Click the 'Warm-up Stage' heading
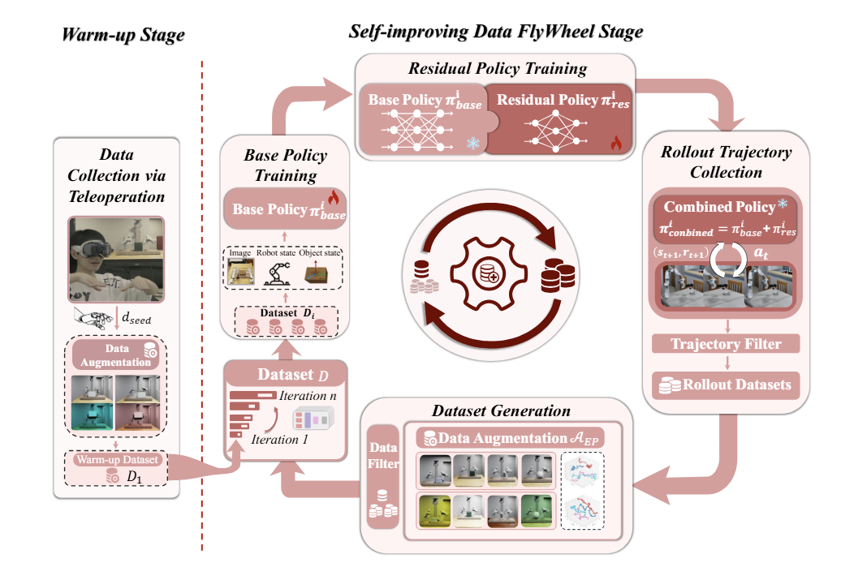pyautogui.click(x=123, y=35)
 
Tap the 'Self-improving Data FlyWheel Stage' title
pyautogui.click(x=496, y=32)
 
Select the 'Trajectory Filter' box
pyautogui.click(x=726, y=344)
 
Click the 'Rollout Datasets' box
pyautogui.click(x=726, y=385)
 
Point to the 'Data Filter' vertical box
pyautogui.click(x=383, y=476)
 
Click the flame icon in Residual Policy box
pyautogui.click(x=616, y=144)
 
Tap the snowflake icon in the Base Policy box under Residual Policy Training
pyautogui.click(x=473, y=144)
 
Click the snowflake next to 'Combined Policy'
pyautogui.click(x=783, y=204)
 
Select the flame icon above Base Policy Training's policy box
pyautogui.click(x=334, y=196)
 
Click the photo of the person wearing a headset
pyautogui.click(x=116, y=259)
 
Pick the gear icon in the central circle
pyautogui.click(x=489, y=273)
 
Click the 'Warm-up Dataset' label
pyautogui.click(x=117, y=459)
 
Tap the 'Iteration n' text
pyautogui.click(x=308, y=396)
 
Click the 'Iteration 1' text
pyautogui.click(x=279, y=440)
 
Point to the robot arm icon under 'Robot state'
pyautogui.click(x=276, y=273)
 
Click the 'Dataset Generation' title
pyautogui.click(x=501, y=411)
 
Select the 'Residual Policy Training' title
pyautogui.click(x=498, y=69)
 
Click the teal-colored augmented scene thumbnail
pyautogui.click(x=92, y=416)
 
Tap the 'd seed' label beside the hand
pyautogui.click(x=136, y=318)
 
